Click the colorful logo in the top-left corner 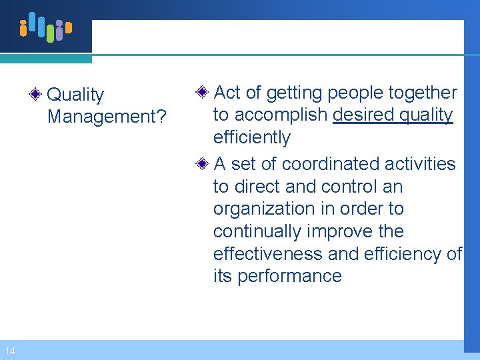(45, 27)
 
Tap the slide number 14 (9, 351)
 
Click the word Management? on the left (107, 117)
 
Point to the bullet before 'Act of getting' (205, 92)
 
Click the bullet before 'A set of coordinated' (205, 163)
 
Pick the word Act (227, 93)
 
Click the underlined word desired (363, 115)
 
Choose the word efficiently (252, 138)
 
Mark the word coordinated (334, 164)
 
